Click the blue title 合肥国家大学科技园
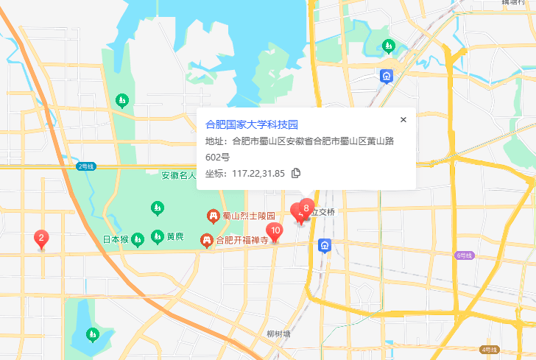[x=251, y=124]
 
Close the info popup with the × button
[x=403, y=119]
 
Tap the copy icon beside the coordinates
[x=296, y=173]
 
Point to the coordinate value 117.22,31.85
[x=258, y=173]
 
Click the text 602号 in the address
[x=217, y=157]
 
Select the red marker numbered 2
[x=41, y=239]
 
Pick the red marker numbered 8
[x=306, y=208]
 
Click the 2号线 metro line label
[x=86, y=167]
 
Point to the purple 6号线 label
[x=464, y=255]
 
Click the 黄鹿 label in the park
[x=174, y=237]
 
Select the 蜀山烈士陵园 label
[x=249, y=216]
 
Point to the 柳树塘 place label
[x=278, y=333]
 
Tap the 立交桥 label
[x=322, y=212]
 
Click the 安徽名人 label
[x=178, y=175]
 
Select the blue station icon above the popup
[x=387, y=75]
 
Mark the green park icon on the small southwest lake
[x=92, y=335]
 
